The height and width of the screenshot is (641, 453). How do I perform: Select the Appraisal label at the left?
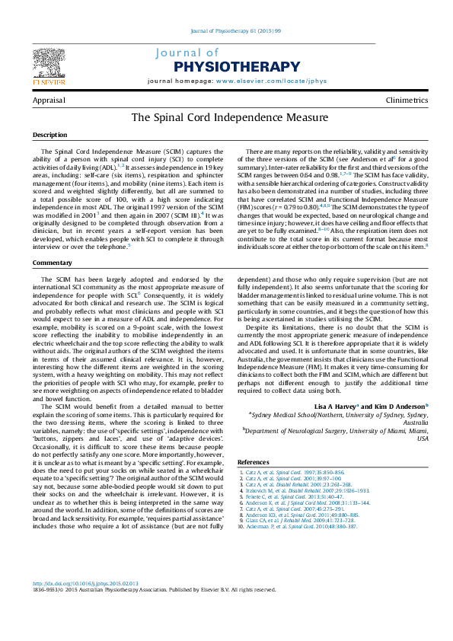[48, 100]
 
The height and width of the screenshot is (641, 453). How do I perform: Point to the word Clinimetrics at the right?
[407, 100]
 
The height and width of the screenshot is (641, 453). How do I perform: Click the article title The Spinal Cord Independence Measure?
[230, 118]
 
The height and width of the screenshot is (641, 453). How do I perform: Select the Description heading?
[49, 135]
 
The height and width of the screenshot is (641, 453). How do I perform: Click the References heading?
[254, 462]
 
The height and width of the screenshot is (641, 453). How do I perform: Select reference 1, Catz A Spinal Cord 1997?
[283, 472]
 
